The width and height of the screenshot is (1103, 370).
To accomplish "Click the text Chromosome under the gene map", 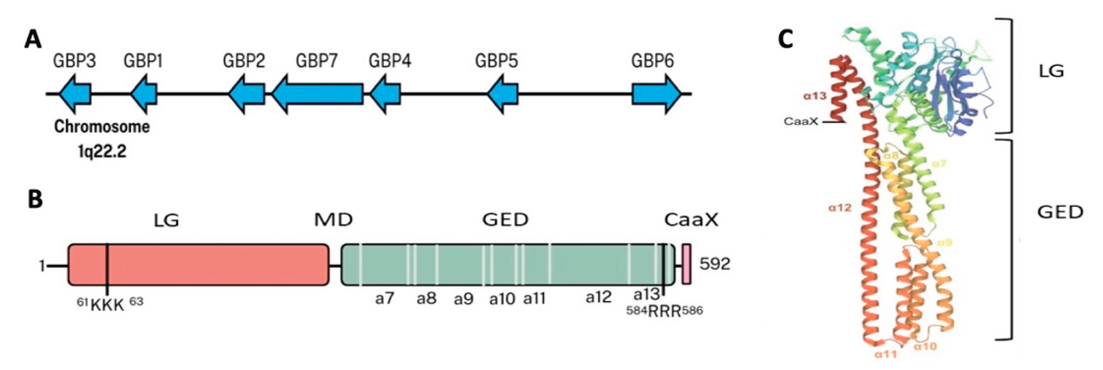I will (102, 127).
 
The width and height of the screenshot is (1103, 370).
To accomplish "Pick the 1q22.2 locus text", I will (102, 151).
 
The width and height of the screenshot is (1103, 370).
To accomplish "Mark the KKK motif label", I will (107, 306).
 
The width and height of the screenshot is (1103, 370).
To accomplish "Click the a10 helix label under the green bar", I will (502, 299).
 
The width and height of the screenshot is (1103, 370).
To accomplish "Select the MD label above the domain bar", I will (334, 220).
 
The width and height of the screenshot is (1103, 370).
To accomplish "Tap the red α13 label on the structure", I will (815, 96).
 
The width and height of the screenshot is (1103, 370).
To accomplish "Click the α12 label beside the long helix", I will (840, 208).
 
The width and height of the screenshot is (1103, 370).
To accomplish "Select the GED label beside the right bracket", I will (1060, 212).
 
